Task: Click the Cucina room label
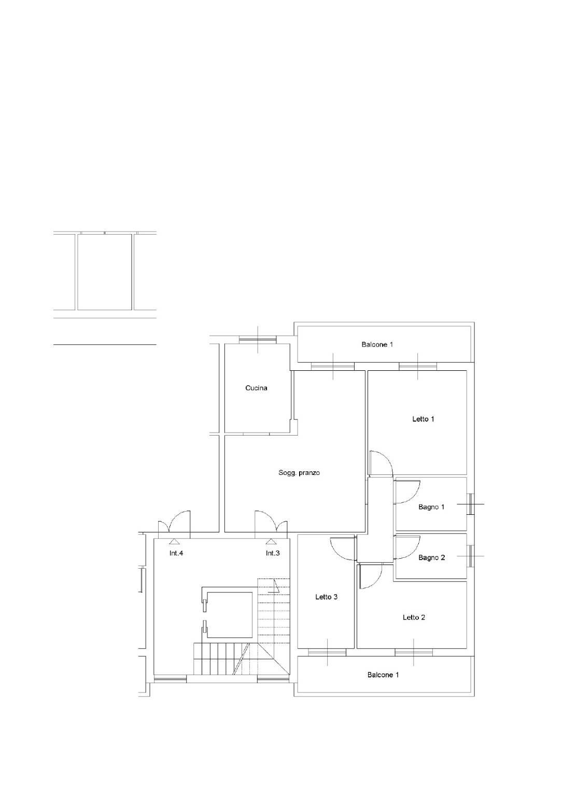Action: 256,388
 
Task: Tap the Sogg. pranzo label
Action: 299,473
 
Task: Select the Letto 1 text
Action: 423,419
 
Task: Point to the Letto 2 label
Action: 414,617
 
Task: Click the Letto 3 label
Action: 327,597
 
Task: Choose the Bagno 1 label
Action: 431,507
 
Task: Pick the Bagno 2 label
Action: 431,558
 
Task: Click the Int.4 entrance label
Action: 176,553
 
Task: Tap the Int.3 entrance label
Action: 273,553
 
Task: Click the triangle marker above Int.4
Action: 174,541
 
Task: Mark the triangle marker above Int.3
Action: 271,541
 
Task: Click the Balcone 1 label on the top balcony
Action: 377,344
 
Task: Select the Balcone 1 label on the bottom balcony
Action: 383,675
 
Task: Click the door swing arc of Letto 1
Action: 388,458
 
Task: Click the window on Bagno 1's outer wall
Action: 470,504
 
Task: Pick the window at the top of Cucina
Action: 258,340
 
